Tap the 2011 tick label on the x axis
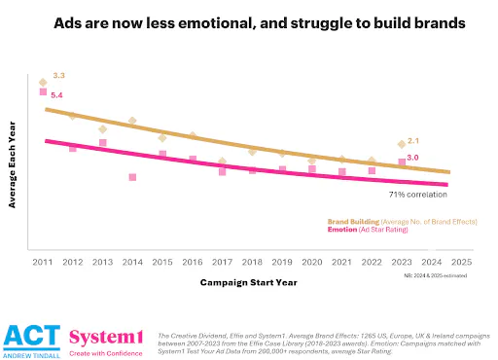[x=42, y=263]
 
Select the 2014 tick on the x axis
[x=132, y=263]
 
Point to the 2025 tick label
[x=461, y=263]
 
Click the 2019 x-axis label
[x=282, y=263]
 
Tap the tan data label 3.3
[x=59, y=75]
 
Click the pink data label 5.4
[x=56, y=95]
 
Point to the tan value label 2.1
[x=413, y=141]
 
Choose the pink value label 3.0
[x=413, y=158]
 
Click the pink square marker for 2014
[x=132, y=177]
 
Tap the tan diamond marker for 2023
[x=402, y=144]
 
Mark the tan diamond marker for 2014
[x=132, y=121]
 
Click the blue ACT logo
[x=29, y=337]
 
